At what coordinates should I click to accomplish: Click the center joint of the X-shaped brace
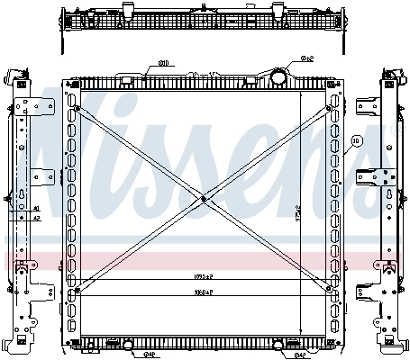pyautogui.click(x=205, y=199)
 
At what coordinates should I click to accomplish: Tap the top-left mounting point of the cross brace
pyautogui.click(x=77, y=110)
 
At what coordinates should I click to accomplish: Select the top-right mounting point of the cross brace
pyautogui.click(x=331, y=110)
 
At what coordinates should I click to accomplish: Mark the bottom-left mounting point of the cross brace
pyautogui.click(x=77, y=290)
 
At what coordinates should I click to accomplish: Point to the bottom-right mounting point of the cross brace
pyautogui.click(x=331, y=290)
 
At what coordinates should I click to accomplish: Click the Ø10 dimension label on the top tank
pyautogui.click(x=165, y=63)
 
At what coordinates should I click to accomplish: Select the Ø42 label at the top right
pyautogui.click(x=306, y=59)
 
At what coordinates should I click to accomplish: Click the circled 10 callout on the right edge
pyautogui.click(x=356, y=141)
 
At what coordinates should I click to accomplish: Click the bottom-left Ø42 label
pyautogui.click(x=127, y=353)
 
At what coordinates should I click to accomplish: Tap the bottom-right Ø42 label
pyautogui.click(x=298, y=353)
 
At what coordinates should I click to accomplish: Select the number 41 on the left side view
pyautogui.click(x=37, y=207)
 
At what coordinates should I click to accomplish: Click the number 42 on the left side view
pyautogui.click(x=37, y=217)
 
